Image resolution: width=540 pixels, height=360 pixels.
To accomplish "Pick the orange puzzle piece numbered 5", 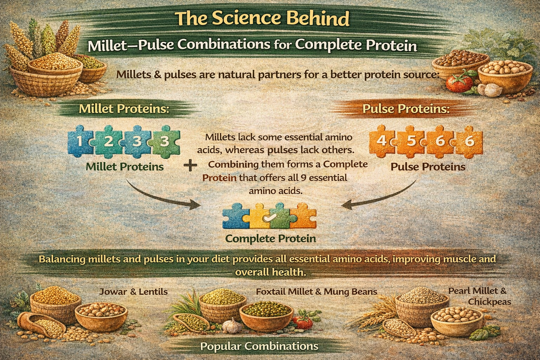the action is tap(411, 141).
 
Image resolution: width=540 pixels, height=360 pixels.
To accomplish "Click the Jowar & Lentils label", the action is tap(133, 292).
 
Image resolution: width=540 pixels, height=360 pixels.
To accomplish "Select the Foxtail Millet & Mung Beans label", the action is tap(316, 292).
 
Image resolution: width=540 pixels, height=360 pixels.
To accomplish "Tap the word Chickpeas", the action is tap(489, 302).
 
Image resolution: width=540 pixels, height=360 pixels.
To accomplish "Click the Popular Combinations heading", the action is tap(259, 346).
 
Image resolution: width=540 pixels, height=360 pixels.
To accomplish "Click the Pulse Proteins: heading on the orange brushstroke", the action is tap(406, 109).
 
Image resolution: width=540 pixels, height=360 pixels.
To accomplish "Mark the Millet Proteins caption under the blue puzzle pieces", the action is tap(125, 167).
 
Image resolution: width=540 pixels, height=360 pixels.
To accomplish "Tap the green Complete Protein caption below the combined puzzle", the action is tap(270, 238).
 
